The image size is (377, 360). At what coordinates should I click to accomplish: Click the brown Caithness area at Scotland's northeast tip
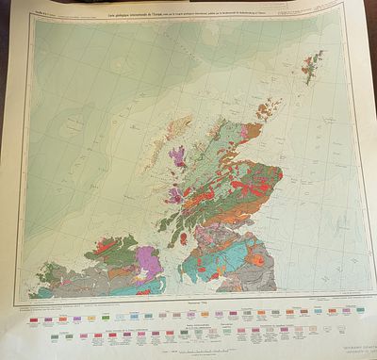click(247, 132)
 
